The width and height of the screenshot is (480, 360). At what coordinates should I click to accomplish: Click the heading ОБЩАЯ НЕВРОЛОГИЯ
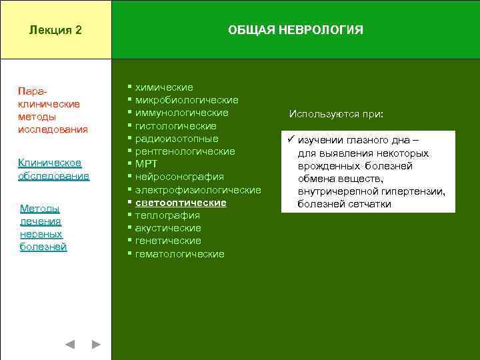(x=295, y=31)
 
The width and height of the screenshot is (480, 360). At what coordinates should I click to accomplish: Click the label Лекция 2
(x=56, y=31)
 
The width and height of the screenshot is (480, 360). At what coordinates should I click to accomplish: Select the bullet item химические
(x=164, y=87)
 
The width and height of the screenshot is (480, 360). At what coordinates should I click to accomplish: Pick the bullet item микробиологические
(x=187, y=100)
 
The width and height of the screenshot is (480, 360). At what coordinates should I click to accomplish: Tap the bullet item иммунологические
(x=181, y=113)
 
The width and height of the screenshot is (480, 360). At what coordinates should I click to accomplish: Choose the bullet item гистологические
(x=175, y=126)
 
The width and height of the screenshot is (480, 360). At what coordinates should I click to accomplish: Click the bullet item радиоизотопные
(x=177, y=139)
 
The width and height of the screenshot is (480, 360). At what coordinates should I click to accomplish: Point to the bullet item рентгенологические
(x=185, y=151)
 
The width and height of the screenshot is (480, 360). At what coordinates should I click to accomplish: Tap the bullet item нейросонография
(x=179, y=177)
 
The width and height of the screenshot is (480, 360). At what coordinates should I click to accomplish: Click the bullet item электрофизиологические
(x=197, y=190)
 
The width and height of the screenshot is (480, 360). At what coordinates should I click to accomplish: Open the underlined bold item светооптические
(x=181, y=203)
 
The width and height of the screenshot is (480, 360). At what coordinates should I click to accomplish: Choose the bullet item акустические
(x=168, y=228)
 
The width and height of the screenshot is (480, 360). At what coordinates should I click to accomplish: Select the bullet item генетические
(x=168, y=241)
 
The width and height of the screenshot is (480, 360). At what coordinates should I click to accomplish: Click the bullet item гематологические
(x=179, y=254)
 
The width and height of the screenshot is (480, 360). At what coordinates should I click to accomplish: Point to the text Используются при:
(x=336, y=114)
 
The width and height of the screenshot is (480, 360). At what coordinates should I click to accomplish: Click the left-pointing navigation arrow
(x=70, y=345)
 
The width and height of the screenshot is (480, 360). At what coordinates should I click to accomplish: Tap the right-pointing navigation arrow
(x=96, y=345)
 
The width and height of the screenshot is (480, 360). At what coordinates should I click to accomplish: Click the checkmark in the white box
(x=290, y=140)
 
